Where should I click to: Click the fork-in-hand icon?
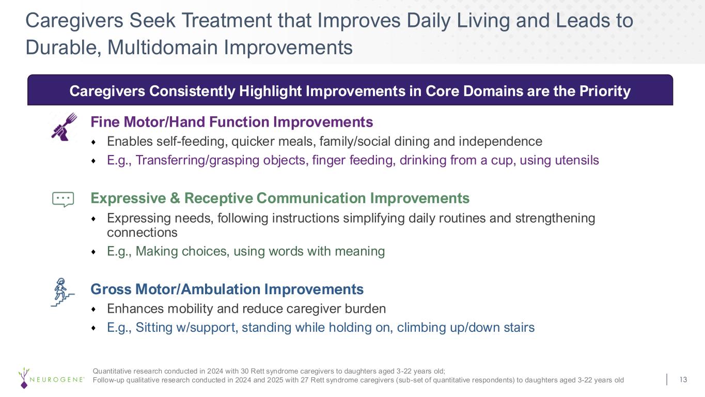click(x=64, y=127)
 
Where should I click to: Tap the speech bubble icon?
click(x=63, y=200)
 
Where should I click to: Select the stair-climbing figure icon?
click(x=62, y=292)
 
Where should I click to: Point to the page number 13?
click(x=683, y=379)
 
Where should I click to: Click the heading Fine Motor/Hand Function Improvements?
click(x=231, y=122)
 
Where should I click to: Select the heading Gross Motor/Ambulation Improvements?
click(x=227, y=289)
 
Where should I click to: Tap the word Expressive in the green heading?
click(x=128, y=198)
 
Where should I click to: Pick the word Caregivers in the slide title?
click(x=74, y=21)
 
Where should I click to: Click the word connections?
click(x=142, y=233)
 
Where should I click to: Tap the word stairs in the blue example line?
click(x=519, y=327)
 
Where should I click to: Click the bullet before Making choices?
click(x=93, y=252)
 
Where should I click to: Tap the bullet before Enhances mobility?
click(x=93, y=310)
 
